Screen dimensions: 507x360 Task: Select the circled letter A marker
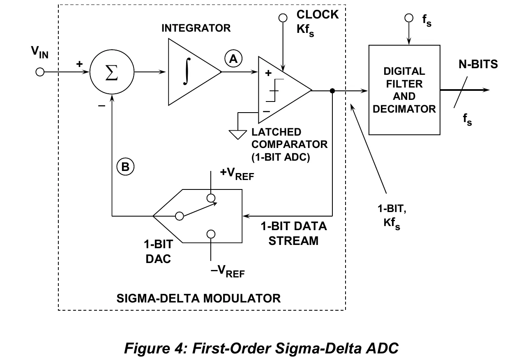tap(233, 59)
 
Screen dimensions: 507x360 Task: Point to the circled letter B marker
tap(125, 166)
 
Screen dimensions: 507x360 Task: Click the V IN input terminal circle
tap(40, 72)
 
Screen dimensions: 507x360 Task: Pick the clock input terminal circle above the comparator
tap(283, 18)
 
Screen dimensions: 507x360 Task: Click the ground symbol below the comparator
tap(237, 135)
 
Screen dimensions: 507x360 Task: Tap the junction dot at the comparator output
tap(332, 91)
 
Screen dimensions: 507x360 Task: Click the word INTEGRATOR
tap(196, 28)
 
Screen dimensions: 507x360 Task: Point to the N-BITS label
tap(478, 64)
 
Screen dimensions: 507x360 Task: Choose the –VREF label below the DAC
tap(228, 271)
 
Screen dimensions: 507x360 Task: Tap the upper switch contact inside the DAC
tap(211, 198)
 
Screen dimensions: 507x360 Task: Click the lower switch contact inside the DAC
tap(211, 234)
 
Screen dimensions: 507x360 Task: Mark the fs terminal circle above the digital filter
tap(409, 18)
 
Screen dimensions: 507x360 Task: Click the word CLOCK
tap(318, 14)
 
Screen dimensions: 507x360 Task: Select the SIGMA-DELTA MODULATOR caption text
tap(198, 298)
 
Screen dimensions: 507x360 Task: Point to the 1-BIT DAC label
tap(159, 252)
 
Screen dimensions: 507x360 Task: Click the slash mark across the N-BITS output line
tap(461, 92)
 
